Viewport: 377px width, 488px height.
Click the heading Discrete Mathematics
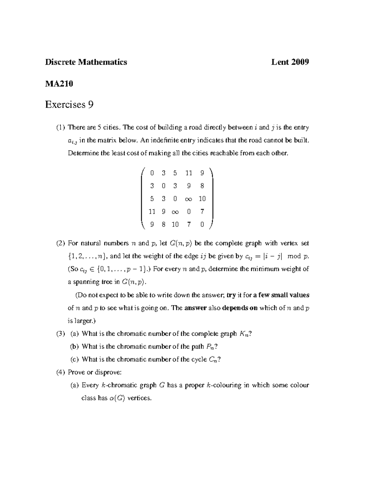pyautogui.click(x=86, y=62)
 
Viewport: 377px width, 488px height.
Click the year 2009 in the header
pyautogui.click(x=300, y=62)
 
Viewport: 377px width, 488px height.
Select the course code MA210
pyautogui.click(x=59, y=84)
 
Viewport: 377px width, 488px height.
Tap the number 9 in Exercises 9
pyautogui.click(x=90, y=104)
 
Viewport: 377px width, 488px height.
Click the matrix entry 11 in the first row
pyautogui.click(x=188, y=173)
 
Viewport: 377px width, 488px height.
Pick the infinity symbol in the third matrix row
pyautogui.click(x=188, y=199)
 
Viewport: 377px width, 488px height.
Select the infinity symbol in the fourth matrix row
pyautogui.click(x=175, y=212)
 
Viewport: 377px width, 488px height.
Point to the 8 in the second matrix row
pyautogui.click(x=202, y=186)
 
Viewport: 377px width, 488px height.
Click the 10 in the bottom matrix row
pyautogui.click(x=175, y=224)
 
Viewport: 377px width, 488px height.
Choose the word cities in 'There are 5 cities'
pyautogui.click(x=111, y=128)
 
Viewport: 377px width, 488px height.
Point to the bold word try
pyautogui.click(x=231, y=295)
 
